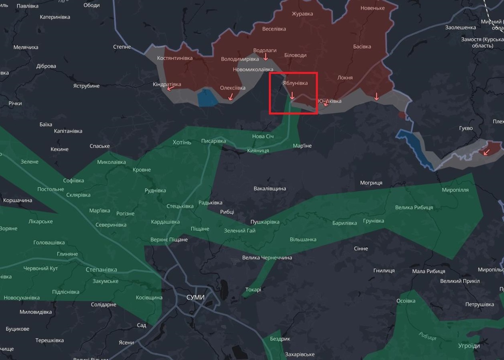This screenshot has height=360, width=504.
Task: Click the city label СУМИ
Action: point(195,297)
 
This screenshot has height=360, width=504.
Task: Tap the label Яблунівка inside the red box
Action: point(295,83)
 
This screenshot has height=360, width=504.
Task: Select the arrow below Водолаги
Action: point(266,57)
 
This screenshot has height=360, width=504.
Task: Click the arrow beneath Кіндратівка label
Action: point(170,88)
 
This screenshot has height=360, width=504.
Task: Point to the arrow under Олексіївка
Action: point(230,96)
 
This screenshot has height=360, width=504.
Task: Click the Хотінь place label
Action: point(182,142)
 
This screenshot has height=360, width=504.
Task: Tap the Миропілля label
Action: point(455,190)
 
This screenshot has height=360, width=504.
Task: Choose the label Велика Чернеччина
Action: point(267,258)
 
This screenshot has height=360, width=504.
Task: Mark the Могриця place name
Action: point(371,183)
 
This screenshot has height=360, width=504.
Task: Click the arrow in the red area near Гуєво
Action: point(486,152)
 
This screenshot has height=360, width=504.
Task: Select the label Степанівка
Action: point(101,270)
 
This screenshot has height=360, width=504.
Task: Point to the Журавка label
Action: point(302,14)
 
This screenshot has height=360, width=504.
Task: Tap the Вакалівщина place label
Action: point(270,188)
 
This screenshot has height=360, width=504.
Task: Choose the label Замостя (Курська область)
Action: point(482,42)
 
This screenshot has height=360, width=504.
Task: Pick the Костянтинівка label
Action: point(175,58)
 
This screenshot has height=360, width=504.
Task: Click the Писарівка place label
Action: point(213,141)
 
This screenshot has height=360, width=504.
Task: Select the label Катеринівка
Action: point(55,17)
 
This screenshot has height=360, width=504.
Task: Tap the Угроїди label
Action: point(469,346)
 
